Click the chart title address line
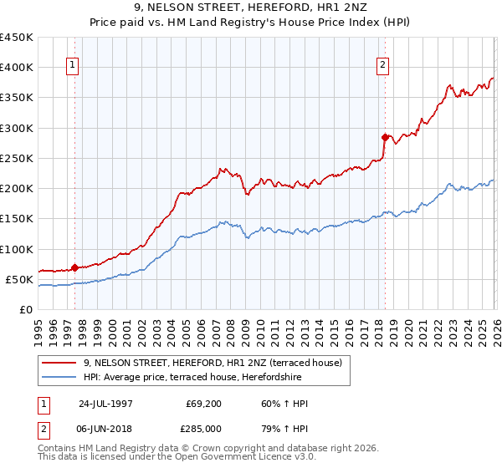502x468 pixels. click(x=251, y=8)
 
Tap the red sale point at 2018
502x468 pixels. click(x=385, y=137)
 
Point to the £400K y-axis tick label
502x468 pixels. click(x=17, y=68)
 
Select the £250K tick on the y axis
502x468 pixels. click(x=17, y=158)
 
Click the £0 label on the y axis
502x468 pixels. click(x=25, y=309)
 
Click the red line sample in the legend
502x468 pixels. click(x=59, y=363)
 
